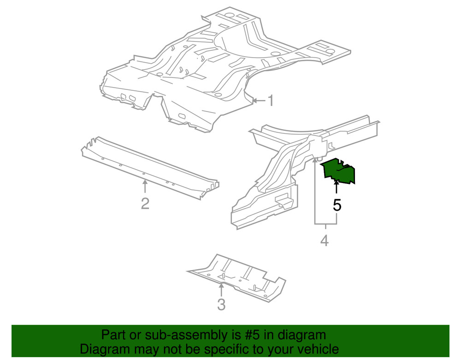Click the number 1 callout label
point(271,100)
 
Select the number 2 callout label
point(145,203)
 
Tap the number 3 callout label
point(221,305)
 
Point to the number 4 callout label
point(325,240)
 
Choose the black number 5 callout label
point(337,205)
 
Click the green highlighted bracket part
point(340,171)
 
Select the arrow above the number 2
point(145,187)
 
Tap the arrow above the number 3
point(221,290)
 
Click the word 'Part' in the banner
point(112,335)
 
